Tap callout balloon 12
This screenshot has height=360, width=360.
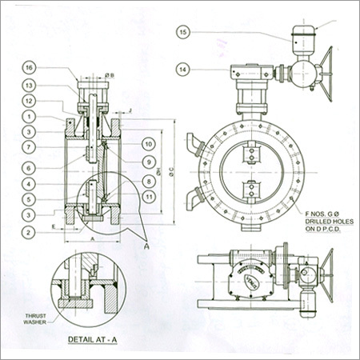point(27,102)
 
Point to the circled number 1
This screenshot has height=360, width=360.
point(27,118)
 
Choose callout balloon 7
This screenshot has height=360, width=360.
point(27,147)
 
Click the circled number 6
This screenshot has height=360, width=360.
point(27,168)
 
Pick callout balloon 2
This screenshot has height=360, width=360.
point(27,233)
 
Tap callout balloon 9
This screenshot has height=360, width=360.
point(148,162)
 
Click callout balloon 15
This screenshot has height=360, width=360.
point(183,33)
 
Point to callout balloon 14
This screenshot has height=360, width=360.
point(183,71)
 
